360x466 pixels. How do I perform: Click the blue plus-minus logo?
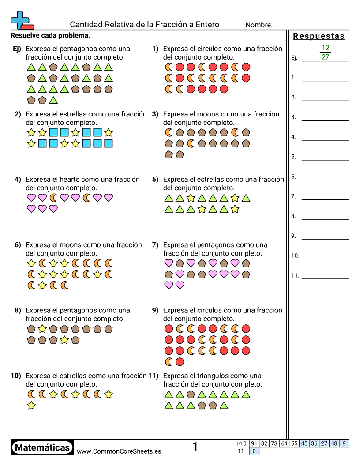21,20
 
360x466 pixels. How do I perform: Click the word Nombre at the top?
259,25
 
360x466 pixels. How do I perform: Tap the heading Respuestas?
319,36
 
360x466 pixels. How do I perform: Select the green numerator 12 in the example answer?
326,48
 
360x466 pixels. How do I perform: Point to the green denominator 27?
326,57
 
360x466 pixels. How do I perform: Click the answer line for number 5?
325,159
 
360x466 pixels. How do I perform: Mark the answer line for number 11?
325,278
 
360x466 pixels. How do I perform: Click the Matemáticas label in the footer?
42,448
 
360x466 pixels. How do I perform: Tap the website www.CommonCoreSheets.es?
119,451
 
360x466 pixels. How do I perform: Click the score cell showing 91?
254,443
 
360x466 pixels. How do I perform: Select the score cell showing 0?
254,451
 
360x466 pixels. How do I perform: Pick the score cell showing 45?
304,443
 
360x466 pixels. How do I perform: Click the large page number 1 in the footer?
195,447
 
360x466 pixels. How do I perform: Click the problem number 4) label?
18,180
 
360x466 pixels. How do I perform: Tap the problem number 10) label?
16,376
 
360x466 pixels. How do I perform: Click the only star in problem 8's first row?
42,329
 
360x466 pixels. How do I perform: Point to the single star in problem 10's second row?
31,405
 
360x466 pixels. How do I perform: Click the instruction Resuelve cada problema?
50,35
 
